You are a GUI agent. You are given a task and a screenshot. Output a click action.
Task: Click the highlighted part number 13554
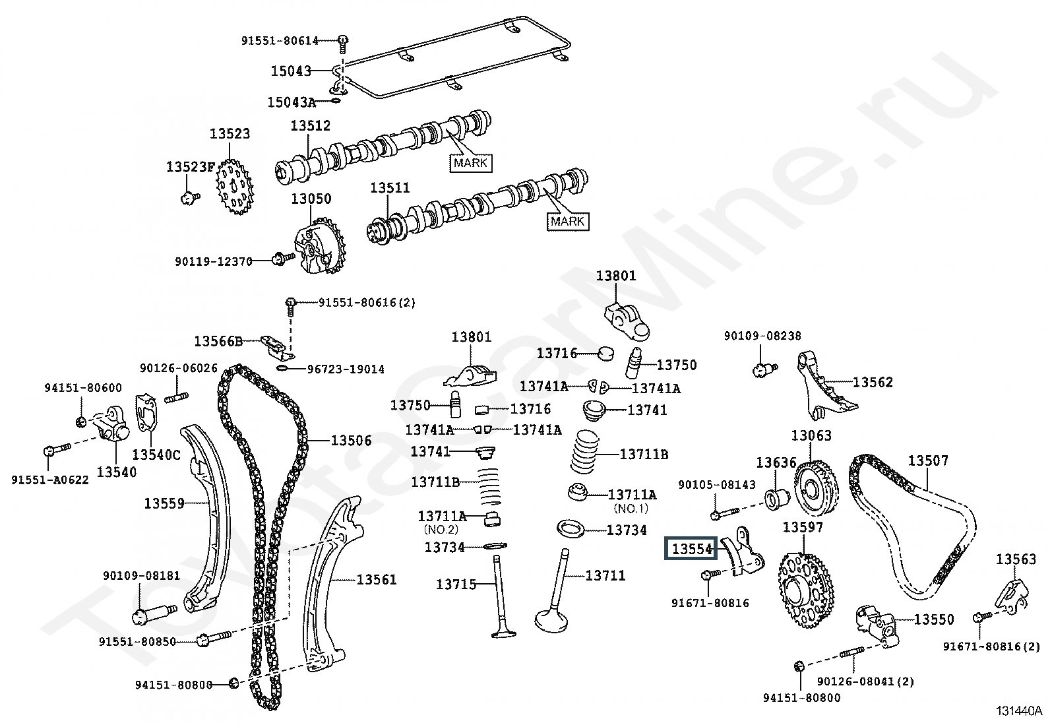click(x=691, y=548)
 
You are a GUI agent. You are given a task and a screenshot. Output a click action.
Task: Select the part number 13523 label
click(x=230, y=134)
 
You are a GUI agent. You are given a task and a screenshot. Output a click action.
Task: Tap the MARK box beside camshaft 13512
click(x=471, y=163)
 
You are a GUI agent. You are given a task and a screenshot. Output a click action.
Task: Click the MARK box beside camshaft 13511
click(x=568, y=222)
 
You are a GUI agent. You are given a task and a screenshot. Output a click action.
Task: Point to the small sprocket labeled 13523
click(x=234, y=187)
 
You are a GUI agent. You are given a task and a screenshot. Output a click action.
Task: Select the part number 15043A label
click(x=292, y=102)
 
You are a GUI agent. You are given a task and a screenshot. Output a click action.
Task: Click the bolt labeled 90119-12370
click(x=283, y=259)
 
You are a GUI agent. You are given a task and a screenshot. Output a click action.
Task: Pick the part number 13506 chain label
click(x=351, y=441)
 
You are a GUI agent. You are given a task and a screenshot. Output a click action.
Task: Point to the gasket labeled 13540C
click(x=146, y=413)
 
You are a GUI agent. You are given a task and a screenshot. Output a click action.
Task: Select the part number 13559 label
click(x=164, y=503)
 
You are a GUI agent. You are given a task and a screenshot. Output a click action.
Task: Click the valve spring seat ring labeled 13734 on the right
click(x=571, y=528)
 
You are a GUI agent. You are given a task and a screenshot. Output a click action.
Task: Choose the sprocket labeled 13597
click(x=806, y=590)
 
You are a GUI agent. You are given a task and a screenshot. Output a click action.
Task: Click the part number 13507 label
click(x=928, y=460)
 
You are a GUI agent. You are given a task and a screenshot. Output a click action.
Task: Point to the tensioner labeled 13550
click(x=877, y=627)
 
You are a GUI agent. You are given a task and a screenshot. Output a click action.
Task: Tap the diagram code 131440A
click(x=1018, y=711)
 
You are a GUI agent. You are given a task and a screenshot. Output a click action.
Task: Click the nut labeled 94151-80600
click(x=81, y=422)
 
